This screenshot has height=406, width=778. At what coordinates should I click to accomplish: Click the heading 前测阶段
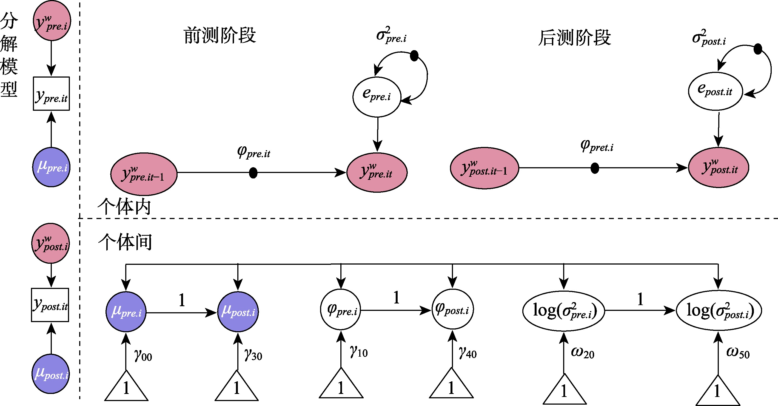[220, 35]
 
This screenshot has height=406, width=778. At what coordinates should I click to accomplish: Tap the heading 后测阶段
[574, 38]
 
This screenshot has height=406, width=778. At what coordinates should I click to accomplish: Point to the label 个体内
[124, 207]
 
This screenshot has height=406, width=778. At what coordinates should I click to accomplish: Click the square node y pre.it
[51, 94]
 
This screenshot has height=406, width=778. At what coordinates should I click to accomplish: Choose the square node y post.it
[50, 305]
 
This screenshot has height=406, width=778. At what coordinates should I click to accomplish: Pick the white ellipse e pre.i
[377, 97]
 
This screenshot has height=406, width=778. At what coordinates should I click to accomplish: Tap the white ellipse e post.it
[715, 91]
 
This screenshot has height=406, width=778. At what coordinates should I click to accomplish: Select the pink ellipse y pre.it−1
[144, 174]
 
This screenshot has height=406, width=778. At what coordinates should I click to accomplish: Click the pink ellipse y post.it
[718, 168]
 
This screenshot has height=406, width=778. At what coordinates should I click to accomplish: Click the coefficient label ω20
[582, 353]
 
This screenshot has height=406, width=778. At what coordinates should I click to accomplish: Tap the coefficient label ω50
[737, 353]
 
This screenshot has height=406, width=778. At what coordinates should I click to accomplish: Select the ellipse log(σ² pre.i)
[564, 311]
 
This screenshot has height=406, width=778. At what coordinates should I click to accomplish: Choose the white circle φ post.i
[452, 310]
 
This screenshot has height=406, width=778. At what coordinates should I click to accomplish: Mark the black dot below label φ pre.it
[253, 173]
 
